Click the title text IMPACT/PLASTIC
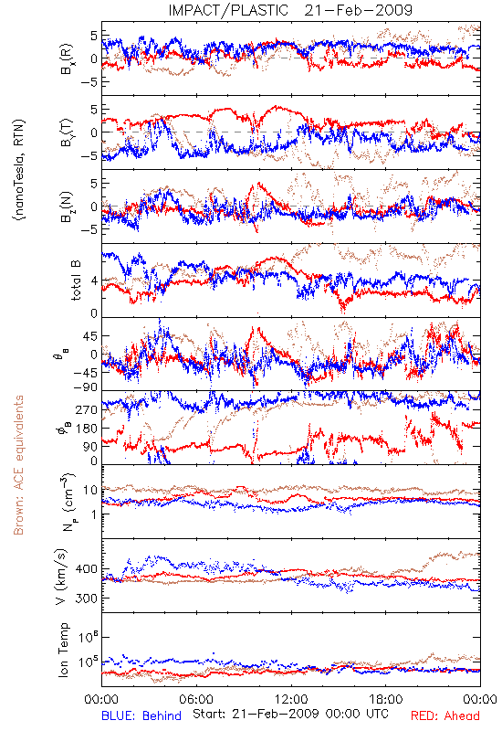pos(228,10)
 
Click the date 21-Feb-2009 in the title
pos(359,10)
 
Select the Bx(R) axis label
pos(66,58)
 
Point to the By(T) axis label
pos(66,132)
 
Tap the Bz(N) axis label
pos(66,207)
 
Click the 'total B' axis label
pos(75,281)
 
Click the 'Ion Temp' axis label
pos(64,650)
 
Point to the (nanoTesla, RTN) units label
pos(19,170)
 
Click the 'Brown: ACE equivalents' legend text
pos(18,465)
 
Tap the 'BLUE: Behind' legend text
pos(141,715)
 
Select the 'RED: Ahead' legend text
pos(444,715)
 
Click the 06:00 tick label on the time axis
pos(196,699)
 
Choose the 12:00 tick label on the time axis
pos(291,699)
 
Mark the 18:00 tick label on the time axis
pos(386,699)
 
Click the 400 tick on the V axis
pos(87,569)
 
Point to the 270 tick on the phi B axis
pos(87,409)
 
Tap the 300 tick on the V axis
pos(87,599)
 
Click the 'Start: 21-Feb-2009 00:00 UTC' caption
pos(290,714)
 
